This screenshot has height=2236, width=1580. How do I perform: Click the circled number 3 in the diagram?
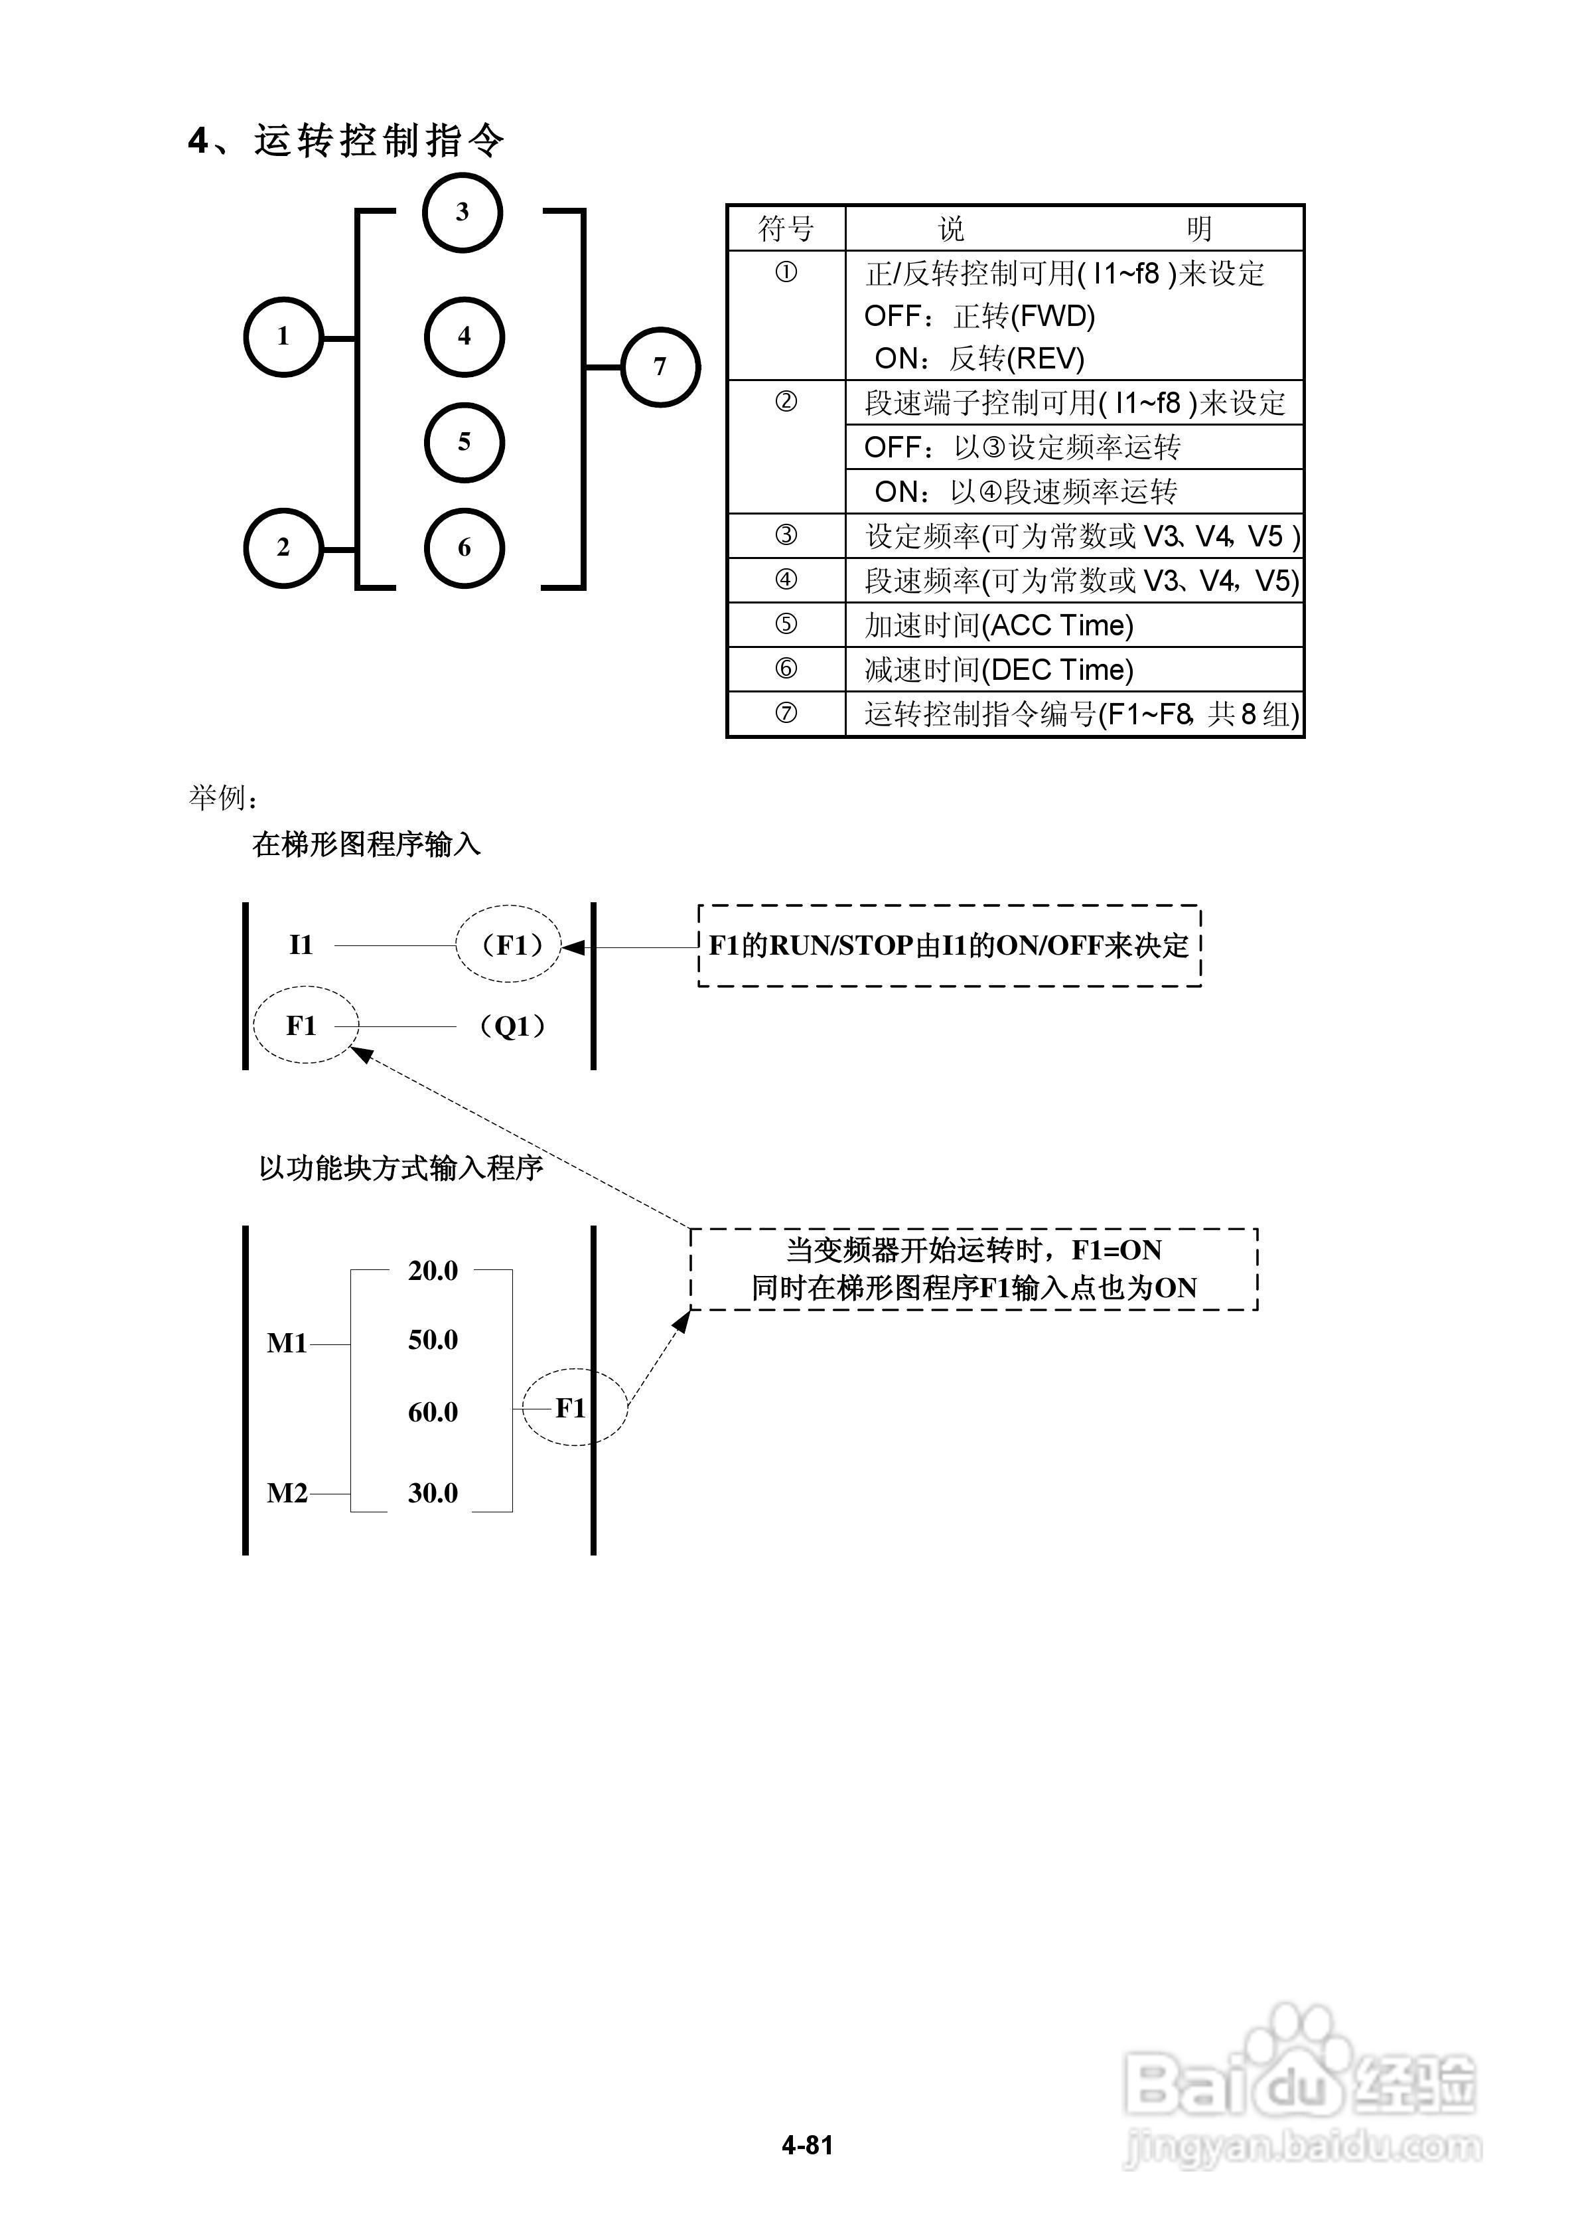pos(463,212)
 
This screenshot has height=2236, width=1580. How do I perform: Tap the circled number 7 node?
pos(660,367)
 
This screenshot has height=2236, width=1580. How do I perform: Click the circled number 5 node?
pos(465,442)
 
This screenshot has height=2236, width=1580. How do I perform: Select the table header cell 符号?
pos(786,229)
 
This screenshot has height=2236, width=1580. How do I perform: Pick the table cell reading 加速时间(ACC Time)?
pos(999,625)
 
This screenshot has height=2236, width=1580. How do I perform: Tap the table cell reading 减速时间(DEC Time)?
pos(999,670)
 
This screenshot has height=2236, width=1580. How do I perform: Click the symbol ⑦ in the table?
pos(786,714)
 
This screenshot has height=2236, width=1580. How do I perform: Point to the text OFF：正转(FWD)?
pos(979,317)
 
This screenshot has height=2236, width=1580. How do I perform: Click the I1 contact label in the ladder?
pos(301,945)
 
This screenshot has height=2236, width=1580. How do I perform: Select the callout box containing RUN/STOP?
pos(949,945)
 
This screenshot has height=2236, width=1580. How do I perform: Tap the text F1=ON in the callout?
pos(1117,1250)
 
